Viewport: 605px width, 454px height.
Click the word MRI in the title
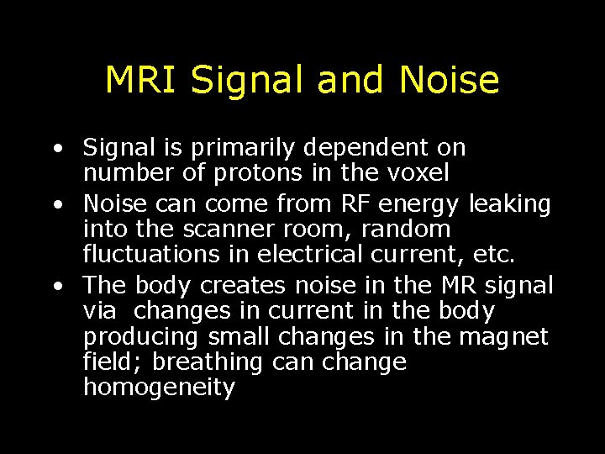tap(143, 80)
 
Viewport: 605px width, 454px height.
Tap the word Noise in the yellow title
tap(449, 80)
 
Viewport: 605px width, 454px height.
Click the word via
tap(101, 310)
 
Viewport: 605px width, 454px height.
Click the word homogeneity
tap(159, 388)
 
